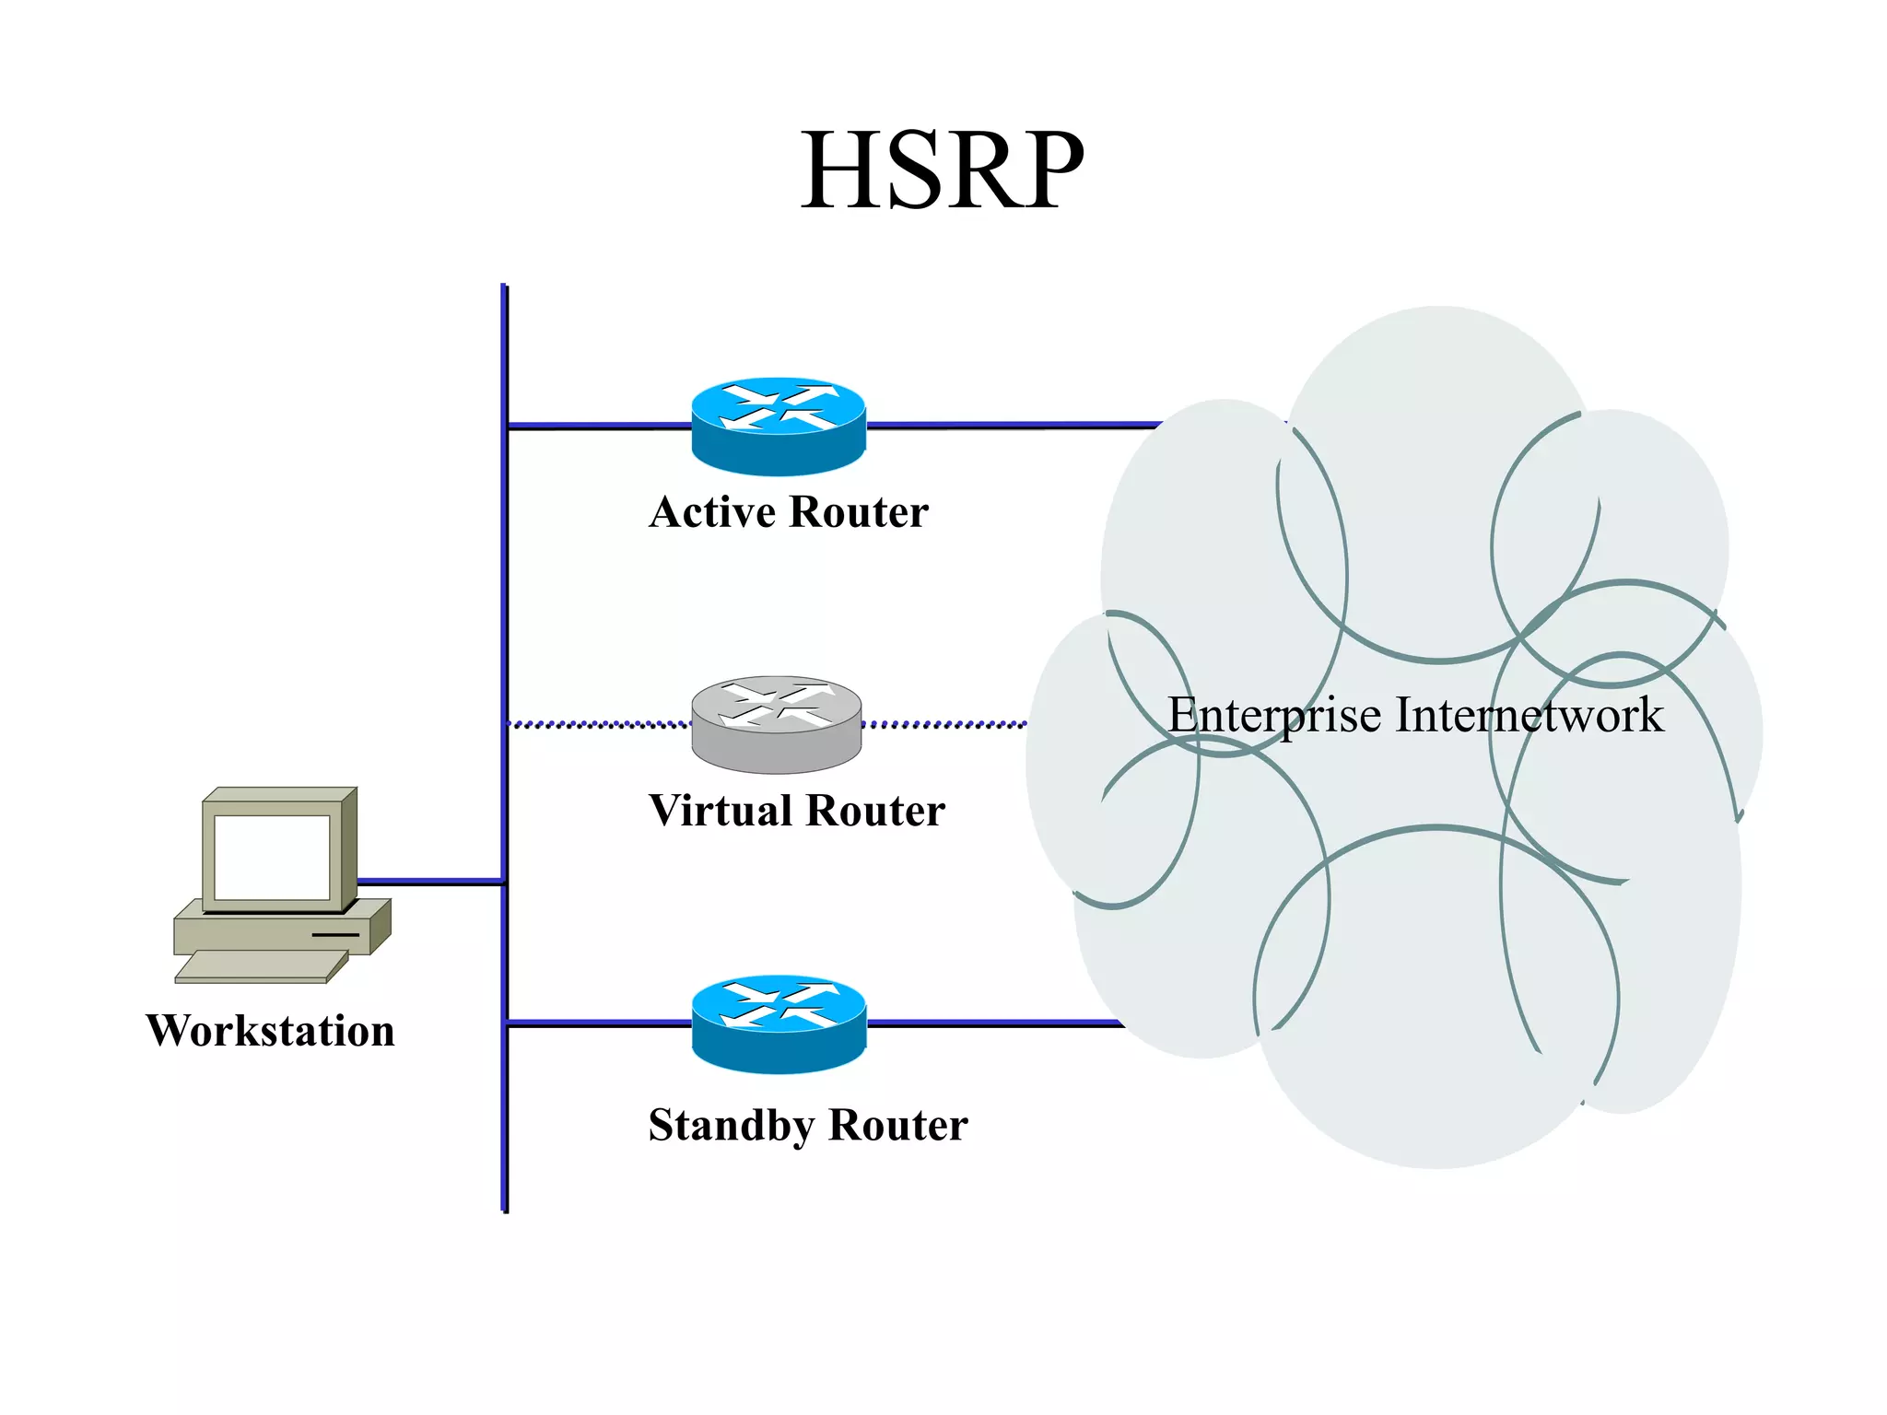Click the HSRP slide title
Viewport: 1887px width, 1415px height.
tap(942, 171)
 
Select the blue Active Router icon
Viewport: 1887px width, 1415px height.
tap(779, 426)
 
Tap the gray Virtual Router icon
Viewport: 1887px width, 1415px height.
tap(777, 724)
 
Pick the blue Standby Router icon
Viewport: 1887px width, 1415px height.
tap(779, 1023)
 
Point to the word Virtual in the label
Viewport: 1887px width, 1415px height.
tap(721, 811)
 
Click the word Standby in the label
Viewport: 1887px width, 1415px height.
tap(732, 1125)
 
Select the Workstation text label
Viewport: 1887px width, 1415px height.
tap(270, 1030)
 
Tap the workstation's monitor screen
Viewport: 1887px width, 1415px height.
tap(271, 857)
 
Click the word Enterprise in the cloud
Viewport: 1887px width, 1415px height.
tap(1274, 715)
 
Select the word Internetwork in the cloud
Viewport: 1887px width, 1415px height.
tap(1530, 715)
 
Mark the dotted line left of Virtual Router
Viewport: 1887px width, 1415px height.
tap(599, 725)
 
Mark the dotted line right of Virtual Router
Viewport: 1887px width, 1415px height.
tap(944, 725)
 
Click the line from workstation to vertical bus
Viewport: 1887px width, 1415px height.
tap(429, 882)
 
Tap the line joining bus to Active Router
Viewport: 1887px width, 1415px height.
tap(599, 426)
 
